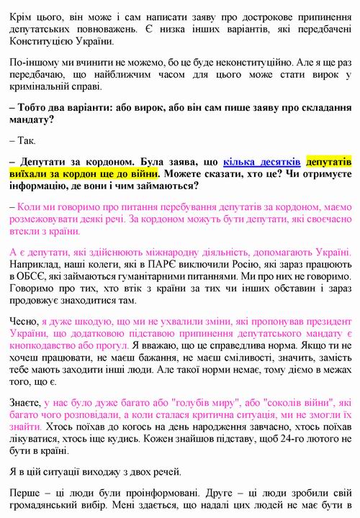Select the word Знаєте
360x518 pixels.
click(24, 405)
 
